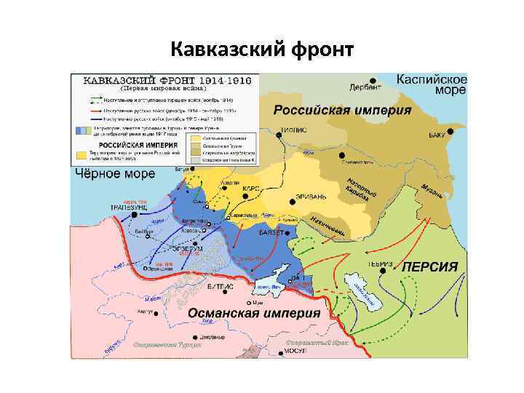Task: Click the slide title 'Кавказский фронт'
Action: (x=261, y=50)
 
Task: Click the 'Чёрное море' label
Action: (x=116, y=174)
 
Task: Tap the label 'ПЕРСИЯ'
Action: (x=430, y=266)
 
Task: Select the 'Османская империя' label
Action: (x=254, y=312)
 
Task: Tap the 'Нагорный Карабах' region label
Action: (x=362, y=191)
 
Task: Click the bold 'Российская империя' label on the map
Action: (x=342, y=111)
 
